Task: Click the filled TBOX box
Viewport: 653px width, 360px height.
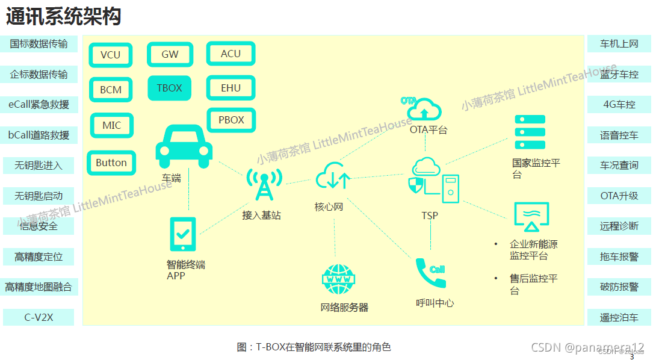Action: (169, 88)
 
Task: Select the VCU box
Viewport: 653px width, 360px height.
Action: (110, 55)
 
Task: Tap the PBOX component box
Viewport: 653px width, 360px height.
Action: (231, 120)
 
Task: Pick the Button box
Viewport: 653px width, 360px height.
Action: (111, 163)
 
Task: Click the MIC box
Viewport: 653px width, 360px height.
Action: (111, 125)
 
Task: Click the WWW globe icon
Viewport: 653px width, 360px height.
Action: (341, 279)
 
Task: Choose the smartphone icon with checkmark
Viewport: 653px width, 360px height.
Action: (183, 234)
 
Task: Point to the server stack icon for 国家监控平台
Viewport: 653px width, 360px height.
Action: (530, 132)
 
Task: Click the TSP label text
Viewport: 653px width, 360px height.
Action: (430, 216)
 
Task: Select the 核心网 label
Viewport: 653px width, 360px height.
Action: (329, 207)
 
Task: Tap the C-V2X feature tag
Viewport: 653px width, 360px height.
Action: (39, 317)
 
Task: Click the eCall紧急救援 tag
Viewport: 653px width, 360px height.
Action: (39, 105)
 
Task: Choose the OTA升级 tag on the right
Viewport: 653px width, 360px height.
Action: (619, 196)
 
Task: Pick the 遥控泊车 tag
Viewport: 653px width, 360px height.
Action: (619, 317)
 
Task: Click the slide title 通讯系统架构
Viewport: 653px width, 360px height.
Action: (64, 16)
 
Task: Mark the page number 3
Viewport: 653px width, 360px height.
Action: (631, 356)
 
